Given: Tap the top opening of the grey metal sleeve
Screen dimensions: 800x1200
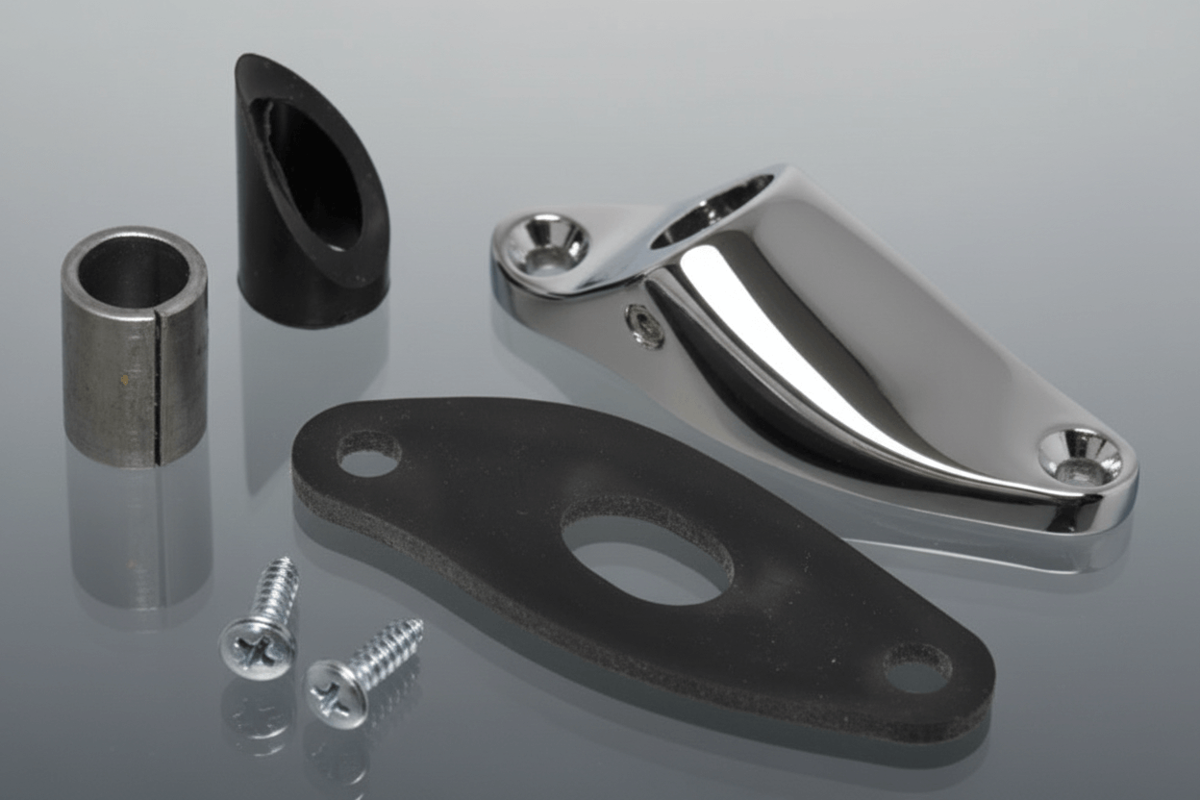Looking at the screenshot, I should coord(134,269).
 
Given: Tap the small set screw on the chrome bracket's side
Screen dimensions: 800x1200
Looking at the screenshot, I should coord(644,325).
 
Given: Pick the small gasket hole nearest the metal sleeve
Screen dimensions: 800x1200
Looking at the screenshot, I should coord(369,453).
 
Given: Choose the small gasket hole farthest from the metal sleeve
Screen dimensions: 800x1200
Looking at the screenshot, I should coord(917,667).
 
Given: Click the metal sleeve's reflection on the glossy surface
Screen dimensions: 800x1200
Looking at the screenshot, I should coord(139,538).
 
